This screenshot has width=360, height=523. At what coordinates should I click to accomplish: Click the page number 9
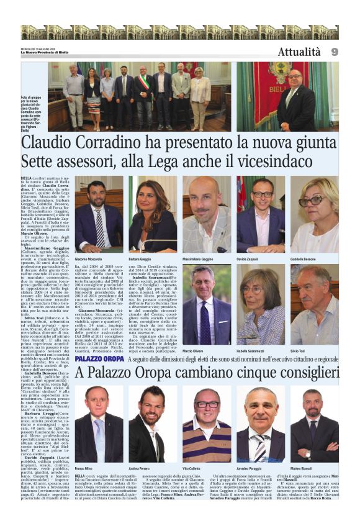(x=335, y=52)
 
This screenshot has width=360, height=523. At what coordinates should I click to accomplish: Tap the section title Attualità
(x=299, y=52)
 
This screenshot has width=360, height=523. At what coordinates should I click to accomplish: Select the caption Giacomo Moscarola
(x=88, y=258)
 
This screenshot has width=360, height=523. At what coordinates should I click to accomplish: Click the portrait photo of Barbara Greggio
(x=153, y=214)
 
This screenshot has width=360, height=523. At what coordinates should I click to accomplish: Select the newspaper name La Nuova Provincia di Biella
(x=47, y=52)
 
